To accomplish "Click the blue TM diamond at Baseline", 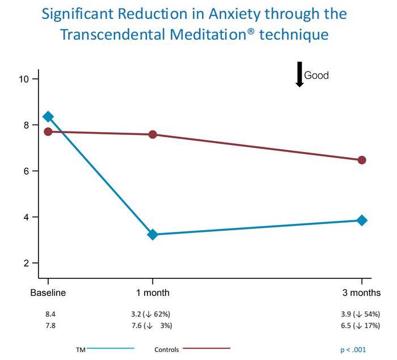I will pyautogui.click(x=48, y=117).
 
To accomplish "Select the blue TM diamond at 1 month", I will pyautogui.click(x=153, y=234).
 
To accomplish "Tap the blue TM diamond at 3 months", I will pyautogui.click(x=362, y=220).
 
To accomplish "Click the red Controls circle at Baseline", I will pyautogui.click(x=48, y=132).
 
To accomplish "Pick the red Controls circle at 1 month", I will pyautogui.click(x=153, y=134).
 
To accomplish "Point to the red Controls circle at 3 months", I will pyautogui.click(x=362, y=160).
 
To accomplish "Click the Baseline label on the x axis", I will pyautogui.click(x=48, y=293).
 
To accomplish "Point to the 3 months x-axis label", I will pyautogui.click(x=362, y=293).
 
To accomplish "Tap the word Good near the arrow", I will pyautogui.click(x=316, y=75).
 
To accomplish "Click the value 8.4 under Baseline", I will pyautogui.click(x=50, y=314).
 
